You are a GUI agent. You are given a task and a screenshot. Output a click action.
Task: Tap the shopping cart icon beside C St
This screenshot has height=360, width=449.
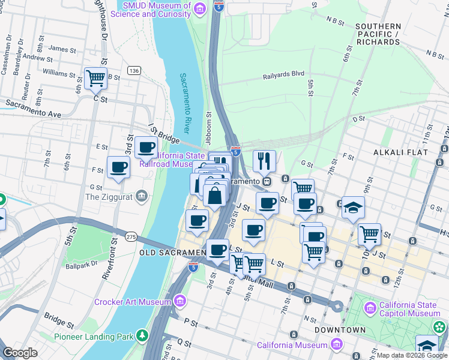95,77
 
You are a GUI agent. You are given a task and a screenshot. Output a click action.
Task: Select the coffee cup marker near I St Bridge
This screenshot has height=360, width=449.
146,147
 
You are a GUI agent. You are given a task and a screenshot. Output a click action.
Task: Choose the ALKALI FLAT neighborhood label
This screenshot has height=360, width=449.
400,152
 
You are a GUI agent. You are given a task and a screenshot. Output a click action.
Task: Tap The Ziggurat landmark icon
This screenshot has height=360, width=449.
141,195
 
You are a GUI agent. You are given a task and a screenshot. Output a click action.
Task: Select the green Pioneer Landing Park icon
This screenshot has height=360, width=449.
143,336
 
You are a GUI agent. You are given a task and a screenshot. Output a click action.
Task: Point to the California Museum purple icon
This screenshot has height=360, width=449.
336,344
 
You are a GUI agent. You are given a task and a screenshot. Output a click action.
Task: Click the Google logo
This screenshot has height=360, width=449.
20,352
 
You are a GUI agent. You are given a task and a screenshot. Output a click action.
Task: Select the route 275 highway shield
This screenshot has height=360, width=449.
131,237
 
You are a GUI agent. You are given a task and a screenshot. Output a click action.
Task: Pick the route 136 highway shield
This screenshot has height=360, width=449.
133,71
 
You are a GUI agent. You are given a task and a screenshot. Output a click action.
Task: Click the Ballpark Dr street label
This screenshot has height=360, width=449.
83,264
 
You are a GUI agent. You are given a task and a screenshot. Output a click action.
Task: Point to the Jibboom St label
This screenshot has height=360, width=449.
209,123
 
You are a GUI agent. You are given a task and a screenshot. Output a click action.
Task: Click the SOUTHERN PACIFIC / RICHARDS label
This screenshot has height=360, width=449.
378,34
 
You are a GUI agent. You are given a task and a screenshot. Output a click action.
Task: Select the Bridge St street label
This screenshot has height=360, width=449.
58,319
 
